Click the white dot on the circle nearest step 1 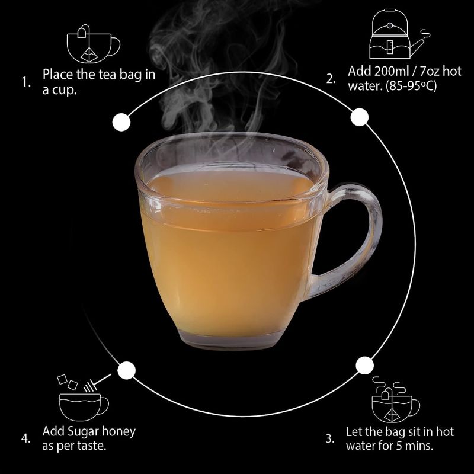pyautogui.click(x=121, y=123)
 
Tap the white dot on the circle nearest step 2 pyautogui.click(x=360, y=117)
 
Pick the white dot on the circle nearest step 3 pyautogui.click(x=364, y=365)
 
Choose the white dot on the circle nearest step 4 pyautogui.click(x=126, y=370)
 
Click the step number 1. pyautogui.click(x=26, y=82)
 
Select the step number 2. pyautogui.click(x=331, y=79)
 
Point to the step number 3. pyautogui.click(x=330, y=438)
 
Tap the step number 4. pyautogui.click(x=25, y=438)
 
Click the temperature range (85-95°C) pyautogui.click(x=411, y=86)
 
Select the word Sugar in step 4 pyautogui.click(x=83, y=432)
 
